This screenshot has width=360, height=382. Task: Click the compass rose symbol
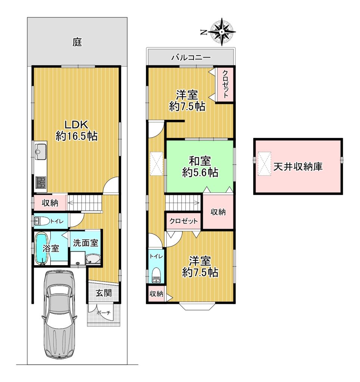pyautogui.click(x=222, y=32)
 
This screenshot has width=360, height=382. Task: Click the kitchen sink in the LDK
pyautogui.click(x=41, y=152)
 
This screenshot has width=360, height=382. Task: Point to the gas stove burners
pyautogui.click(x=41, y=182)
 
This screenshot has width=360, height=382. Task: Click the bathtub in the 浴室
pyautogui.click(x=42, y=248)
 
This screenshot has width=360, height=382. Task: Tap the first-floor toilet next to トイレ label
pyautogui.click(x=42, y=221)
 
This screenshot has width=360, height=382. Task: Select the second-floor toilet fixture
pyautogui.click(x=156, y=275)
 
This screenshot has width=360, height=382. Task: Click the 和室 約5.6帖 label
pyautogui.click(x=200, y=167)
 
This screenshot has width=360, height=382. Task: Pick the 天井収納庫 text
pyautogui.click(x=298, y=167)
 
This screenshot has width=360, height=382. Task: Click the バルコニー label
pyautogui.click(x=191, y=58)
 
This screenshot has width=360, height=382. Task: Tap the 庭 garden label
pyautogui.click(x=77, y=42)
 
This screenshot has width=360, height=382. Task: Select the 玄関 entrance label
pyautogui.click(x=104, y=293)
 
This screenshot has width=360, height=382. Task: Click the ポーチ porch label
pyautogui.click(x=103, y=313)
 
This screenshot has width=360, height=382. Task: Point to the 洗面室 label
pyautogui.click(x=85, y=243)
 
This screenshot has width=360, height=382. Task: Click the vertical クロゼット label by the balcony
pyautogui.click(x=225, y=84)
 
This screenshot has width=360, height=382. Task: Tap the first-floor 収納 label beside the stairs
pyautogui.click(x=50, y=203)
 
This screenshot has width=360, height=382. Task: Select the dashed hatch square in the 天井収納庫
pyautogui.click(x=264, y=164)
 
